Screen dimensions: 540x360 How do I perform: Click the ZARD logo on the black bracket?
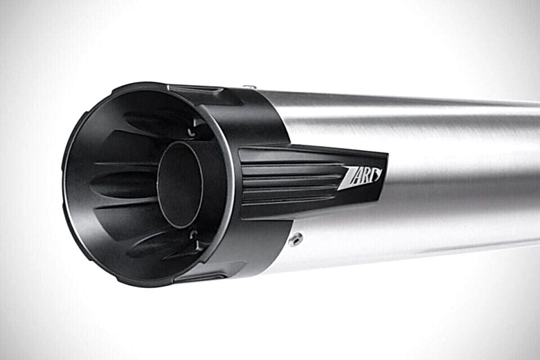360,177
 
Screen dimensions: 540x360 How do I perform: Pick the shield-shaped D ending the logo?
378,174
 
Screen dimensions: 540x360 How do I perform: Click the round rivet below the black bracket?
296,238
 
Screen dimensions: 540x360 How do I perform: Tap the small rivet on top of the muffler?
249,87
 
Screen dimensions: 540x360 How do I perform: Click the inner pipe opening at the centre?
180,184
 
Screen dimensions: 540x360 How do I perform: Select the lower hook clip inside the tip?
193,239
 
